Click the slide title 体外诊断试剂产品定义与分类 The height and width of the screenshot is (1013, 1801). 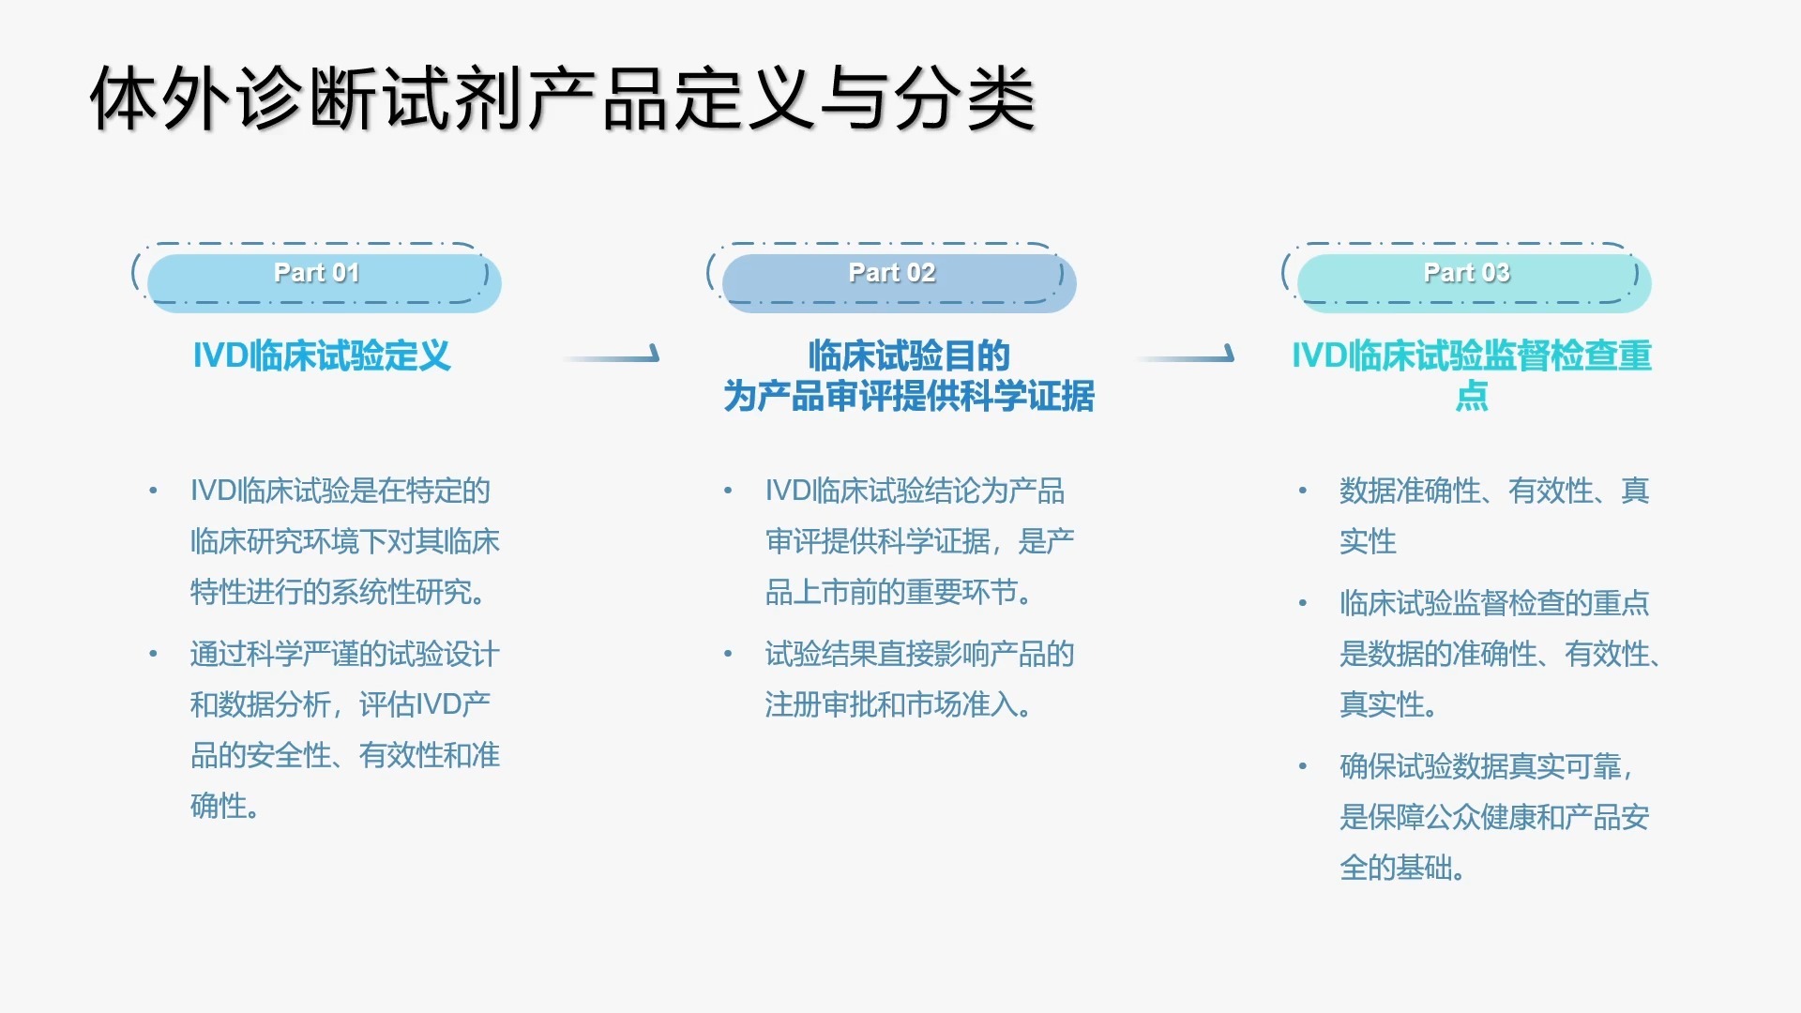point(563,98)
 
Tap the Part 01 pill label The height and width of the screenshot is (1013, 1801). point(317,273)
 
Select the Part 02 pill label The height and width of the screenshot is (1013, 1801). point(892,273)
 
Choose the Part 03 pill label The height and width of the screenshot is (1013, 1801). point(1467,273)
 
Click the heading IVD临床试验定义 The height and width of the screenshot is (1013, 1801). point(322,355)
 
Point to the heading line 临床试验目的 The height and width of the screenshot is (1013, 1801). point(909,355)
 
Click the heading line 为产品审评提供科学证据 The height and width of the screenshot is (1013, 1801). point(909,396)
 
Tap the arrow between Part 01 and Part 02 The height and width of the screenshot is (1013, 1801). point(612,355)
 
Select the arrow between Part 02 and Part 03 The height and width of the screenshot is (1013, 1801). point(1186,355)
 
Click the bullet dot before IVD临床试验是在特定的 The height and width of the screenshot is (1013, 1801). point(153,491)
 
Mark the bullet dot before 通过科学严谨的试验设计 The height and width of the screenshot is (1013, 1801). point(153,654)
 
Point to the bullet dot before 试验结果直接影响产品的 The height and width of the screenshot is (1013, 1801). point(728,654)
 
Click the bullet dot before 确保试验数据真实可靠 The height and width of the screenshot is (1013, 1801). point(1303,766)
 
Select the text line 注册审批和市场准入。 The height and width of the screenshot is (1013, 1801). point(899,704)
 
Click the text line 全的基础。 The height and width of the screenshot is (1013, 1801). point(1403,868)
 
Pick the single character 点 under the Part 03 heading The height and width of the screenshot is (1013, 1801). point(1472,396)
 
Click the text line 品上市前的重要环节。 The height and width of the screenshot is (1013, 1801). point(899,592)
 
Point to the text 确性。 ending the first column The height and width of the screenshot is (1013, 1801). point(225,806)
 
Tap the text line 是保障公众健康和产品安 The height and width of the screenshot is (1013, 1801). point(1494,817)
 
